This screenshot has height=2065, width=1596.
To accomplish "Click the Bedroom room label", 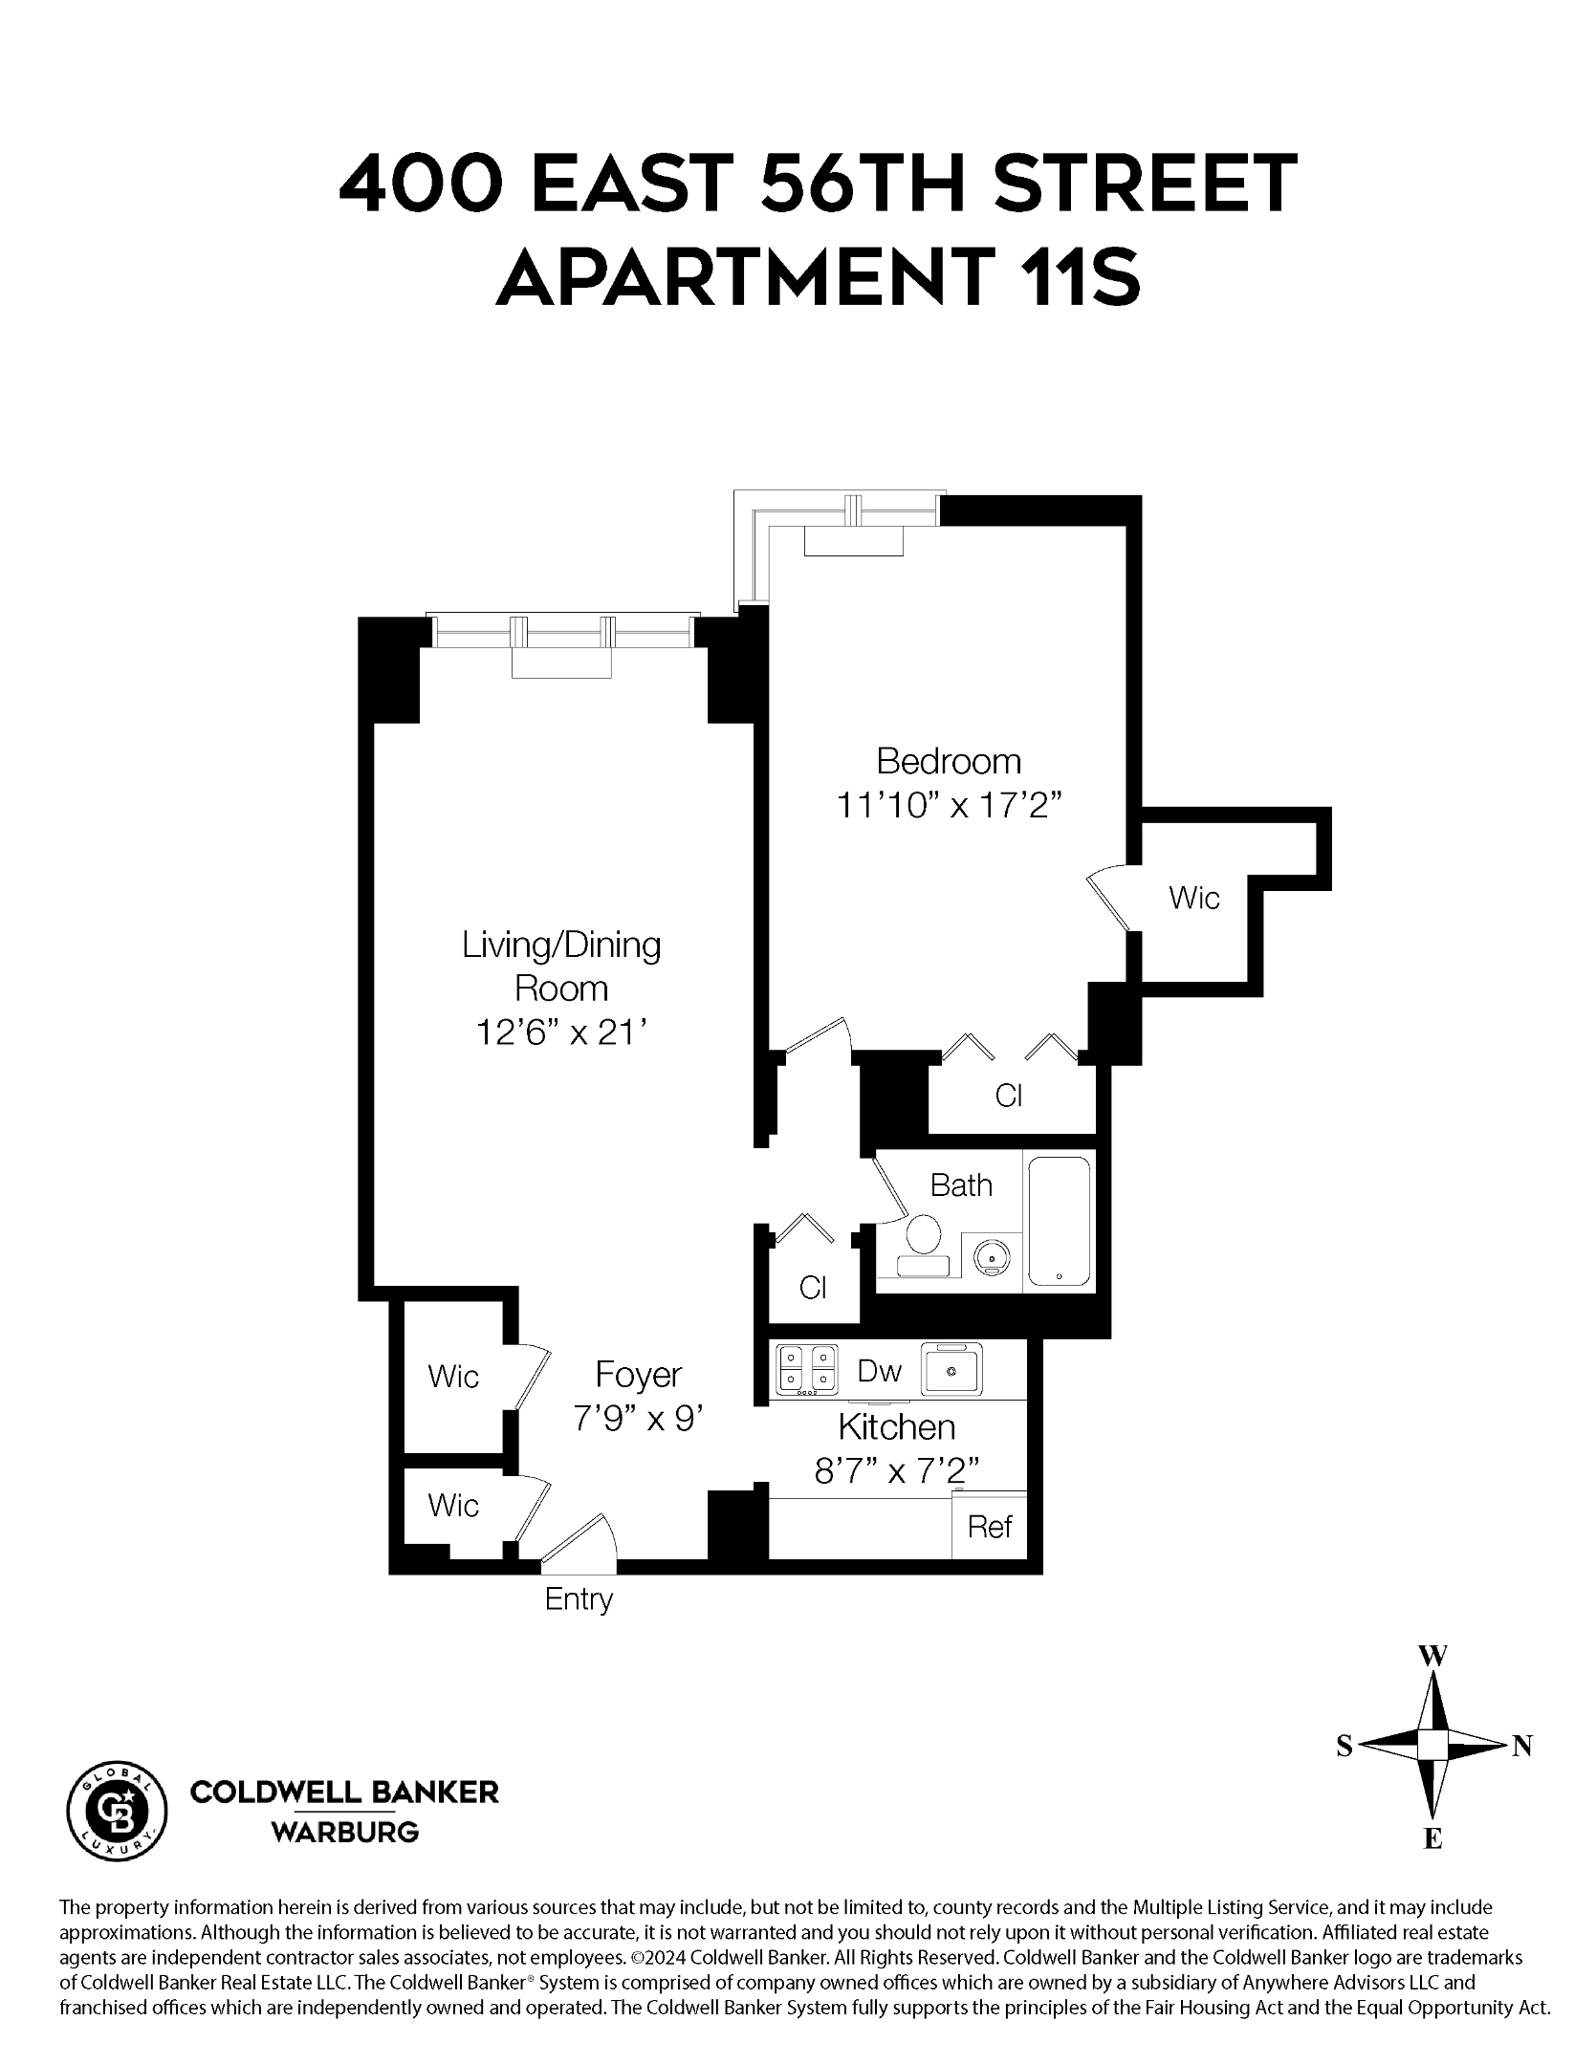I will pos(948,762).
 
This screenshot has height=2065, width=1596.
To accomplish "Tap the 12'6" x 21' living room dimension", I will pos(562,1032).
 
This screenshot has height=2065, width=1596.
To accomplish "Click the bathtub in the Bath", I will pos(1059,1221).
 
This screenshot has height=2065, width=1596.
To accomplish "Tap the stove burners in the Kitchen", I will pos(806,1368).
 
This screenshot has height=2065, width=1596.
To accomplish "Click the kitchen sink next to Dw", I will pos(951,1369).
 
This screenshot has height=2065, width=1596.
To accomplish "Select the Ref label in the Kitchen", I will pos(989,1527).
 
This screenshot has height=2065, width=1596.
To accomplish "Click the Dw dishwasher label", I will pos(879,1371).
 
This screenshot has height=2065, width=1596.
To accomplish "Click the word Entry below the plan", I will pos(578,1599).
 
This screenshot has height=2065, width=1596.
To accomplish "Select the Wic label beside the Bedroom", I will pos(1193,898).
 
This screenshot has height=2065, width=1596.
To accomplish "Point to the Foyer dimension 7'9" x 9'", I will pos(638,1419).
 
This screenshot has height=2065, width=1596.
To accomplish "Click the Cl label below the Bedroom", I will pos(1009,1096).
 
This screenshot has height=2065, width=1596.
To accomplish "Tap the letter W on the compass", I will pos(1432,1657).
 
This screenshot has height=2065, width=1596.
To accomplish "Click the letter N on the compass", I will pos(1521,1747).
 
